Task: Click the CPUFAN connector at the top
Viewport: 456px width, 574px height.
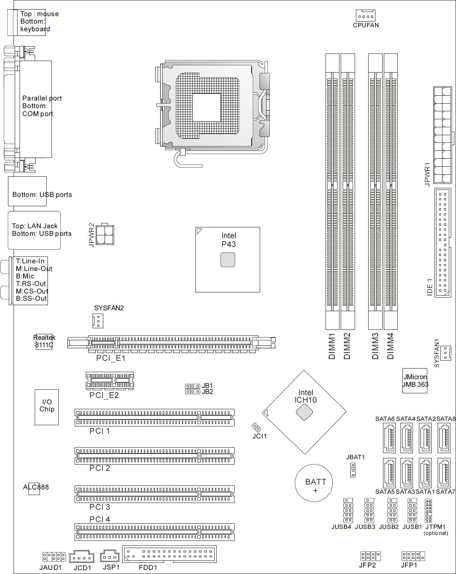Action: pyautogui.click(x=365, y=16)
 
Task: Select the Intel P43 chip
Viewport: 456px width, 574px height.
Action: pyautogui.click(x=227, y=260)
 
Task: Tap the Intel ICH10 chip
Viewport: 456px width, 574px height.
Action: pyautogui.click(x=304, y=412)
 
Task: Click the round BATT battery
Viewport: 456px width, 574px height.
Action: pyautogui.click(x=314, y=483)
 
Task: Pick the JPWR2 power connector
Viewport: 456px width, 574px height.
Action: pyautogui.click(x=105, y=235)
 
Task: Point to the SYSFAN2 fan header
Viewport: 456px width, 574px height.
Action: pyautogui.click(x=98, y=321)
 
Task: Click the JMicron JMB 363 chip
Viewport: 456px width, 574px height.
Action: pyautogui.click(x=415, y=381)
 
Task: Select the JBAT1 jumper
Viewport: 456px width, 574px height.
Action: pyautogui.click(x=353, y=470)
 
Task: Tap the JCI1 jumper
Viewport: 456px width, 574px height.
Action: pyautogui.click(x=256, y=427)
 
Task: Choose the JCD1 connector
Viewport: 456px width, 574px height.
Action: pyautogui.click(x=82, y=557)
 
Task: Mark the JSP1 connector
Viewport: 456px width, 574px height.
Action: pyautogui.click(x=110, y=557)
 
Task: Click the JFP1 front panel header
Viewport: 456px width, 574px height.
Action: pyautogui.click(x=413, y=556)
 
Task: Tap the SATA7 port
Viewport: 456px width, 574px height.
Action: pyautogui.click(x=444, y=473)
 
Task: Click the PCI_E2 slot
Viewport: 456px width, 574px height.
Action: pyautogui.click(x=110, y=381)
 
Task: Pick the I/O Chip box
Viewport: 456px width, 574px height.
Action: pyautogui.click(x=46, y=407)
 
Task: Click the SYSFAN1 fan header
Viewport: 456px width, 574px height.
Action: pyautogui.click(x=446, y=353)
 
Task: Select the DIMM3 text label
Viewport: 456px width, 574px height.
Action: pyautogui.click(x=375, y=346)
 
